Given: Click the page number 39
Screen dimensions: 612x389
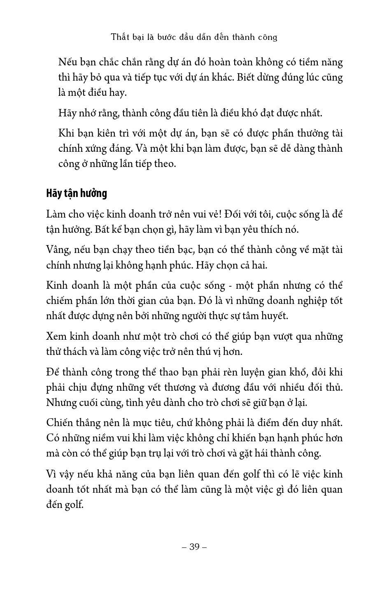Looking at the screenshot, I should [x=194, y=547].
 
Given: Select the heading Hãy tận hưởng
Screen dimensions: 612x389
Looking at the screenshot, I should [x=77, y=193].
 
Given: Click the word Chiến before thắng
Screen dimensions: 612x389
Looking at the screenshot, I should [x=60, y=423].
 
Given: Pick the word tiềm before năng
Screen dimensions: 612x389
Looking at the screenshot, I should [x=304, y=63].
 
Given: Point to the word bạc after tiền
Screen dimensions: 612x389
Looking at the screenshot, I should [x=187, y=250].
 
